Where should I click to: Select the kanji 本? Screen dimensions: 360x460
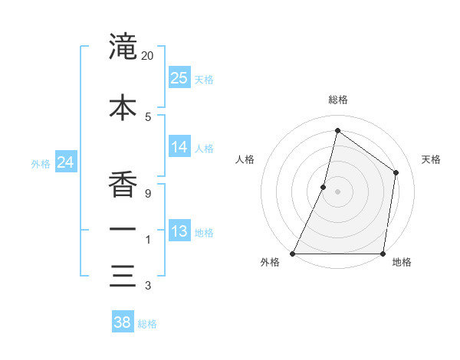click(x=123, y=107)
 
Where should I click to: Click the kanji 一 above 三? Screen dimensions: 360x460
click(x=123, y=230)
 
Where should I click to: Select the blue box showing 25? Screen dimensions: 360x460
click(x=179, y=77)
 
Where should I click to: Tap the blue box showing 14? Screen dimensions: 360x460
click(x=179, y=147)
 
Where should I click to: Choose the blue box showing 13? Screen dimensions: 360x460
click(x=179, y=231)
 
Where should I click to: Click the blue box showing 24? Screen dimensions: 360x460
click(x=66, y=162)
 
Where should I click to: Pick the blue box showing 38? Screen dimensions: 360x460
click(x=122, y=322)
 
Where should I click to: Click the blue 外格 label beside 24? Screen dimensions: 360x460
click(x=40, y=163)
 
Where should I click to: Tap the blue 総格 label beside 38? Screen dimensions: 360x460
click(x=147, y=324)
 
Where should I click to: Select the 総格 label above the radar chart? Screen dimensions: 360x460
click(x=337, y=100)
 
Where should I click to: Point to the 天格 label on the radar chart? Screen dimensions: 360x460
click(x=431, y=159)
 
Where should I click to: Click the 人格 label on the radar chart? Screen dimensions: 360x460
click(x=245, y=159)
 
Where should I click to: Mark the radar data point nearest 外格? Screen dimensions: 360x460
click(x=293, y=254)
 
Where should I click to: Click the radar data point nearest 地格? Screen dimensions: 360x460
click(x=383, y=254)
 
